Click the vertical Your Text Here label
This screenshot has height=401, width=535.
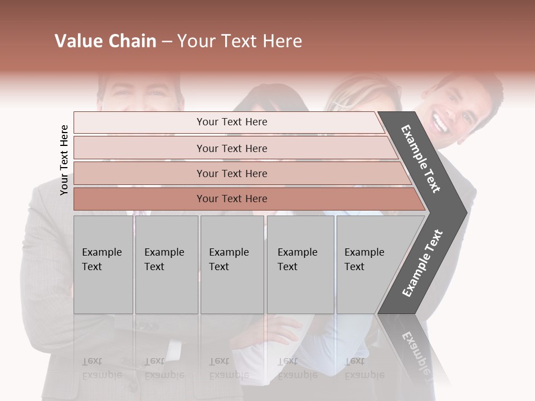65,160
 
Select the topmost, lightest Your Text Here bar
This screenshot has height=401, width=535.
231,122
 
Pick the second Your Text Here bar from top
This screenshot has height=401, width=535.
231,148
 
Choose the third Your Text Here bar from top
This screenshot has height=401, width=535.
231,173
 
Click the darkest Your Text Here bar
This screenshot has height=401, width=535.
231,199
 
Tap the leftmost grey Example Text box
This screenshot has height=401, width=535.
103,265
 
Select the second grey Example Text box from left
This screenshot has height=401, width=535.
166,265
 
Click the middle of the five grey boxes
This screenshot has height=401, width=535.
232,265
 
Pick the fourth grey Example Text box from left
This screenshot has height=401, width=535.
300,265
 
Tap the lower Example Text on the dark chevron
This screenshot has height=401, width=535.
422,263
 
